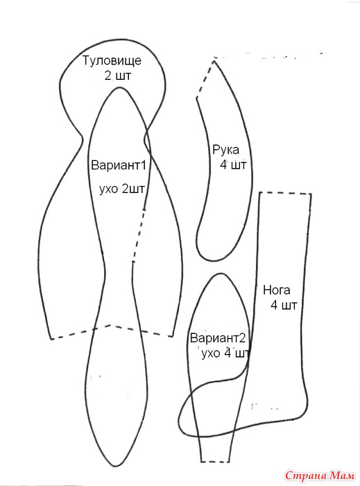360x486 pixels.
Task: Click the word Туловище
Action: (x=112, y=61)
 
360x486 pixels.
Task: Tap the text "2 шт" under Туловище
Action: (x=118, y=76)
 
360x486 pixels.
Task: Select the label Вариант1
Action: (x=118, y=165)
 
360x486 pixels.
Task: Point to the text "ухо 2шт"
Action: (x=122, y=189)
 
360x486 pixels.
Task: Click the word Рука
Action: (x=225, y=150)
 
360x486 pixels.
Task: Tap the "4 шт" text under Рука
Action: (x=233, y=165)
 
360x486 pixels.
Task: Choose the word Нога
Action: (x=277, y=290)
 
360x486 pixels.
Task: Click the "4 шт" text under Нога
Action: (x=284, y=305)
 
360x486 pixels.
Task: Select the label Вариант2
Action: (x=218, y=338)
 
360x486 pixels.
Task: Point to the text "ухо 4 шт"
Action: (x=225, y=353)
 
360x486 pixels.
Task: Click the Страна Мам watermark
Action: (x=320, y=476)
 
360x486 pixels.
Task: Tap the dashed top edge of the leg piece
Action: (x=285, y=194)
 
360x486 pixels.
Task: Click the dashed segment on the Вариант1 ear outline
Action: (x=138, y=235)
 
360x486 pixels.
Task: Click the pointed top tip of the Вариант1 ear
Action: (x=119, y=88)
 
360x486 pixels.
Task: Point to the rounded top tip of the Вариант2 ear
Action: (x=221, y=274)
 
